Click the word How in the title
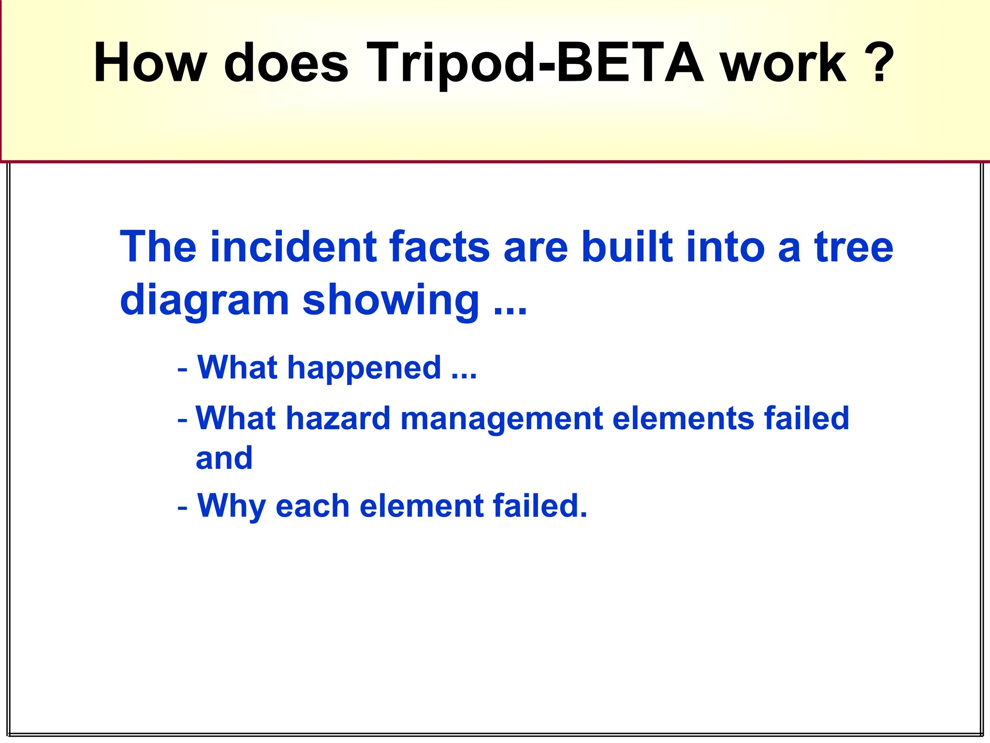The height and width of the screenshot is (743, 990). [150, 63]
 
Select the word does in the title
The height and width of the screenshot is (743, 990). [286, 63]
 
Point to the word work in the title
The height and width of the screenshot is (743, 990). [784, 63]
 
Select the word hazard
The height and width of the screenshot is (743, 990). [338, 418]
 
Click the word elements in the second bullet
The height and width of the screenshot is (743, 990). [683, 418]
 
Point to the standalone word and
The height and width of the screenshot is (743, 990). [224, 458]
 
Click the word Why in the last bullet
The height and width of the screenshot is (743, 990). [231, 506]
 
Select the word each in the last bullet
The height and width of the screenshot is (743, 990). [312, 506]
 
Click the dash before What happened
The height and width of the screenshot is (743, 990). [182, 370]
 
